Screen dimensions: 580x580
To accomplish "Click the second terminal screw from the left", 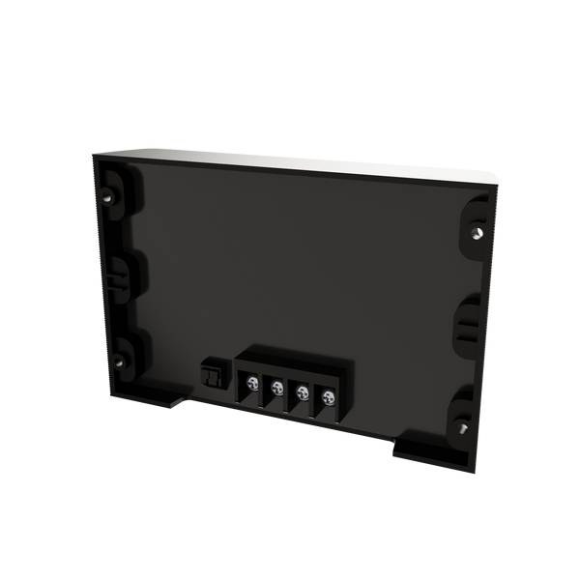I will pos(276,389).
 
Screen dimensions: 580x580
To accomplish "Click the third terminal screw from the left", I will pos(302,392).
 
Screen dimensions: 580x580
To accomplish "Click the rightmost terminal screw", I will pos(327,396).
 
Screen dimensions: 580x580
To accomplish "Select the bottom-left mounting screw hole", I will pos(120,362).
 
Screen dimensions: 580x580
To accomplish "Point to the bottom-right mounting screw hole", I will pos(464,424).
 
